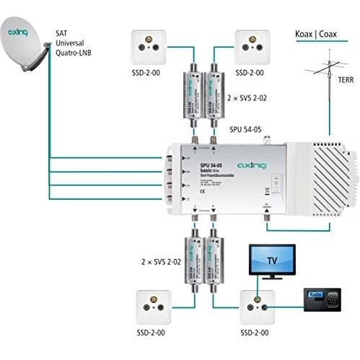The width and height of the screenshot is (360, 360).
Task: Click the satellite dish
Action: [x=25, y=47]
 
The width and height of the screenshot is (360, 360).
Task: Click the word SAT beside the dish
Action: [x=64, y=32]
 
